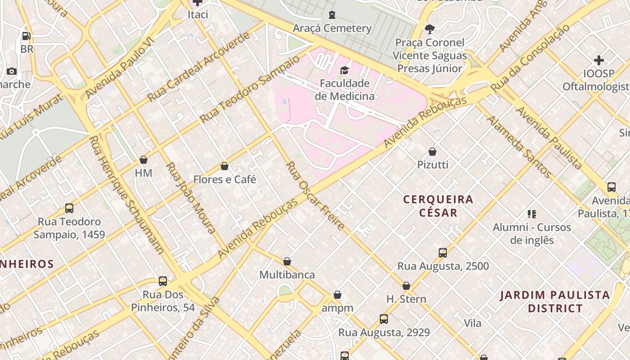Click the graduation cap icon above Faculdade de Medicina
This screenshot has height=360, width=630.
[x=344, y=70]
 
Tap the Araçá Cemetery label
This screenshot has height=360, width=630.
[x=332, y=28]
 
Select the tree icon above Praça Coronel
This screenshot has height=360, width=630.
[x=430, y=29]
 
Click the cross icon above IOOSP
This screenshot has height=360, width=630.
[x=598, y=60]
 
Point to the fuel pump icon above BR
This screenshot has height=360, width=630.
[x=27, y=36]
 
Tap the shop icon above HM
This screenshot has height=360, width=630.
[x=144, y=160]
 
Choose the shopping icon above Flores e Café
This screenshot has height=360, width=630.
[x=225, y=166]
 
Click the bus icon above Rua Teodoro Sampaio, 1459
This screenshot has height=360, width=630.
[x=69, y=208]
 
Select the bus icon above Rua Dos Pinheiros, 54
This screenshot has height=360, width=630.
[x=163, y=281]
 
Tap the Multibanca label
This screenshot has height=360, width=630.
[x=287, y=274]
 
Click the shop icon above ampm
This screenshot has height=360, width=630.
[x=337, y=295]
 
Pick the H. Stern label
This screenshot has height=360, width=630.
[x=406, y=299]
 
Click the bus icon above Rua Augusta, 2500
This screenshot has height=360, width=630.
[x=443, y=253]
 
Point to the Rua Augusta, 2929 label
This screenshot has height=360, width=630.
[x=384, y=333]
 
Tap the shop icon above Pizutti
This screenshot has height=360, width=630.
[x=432, y=152]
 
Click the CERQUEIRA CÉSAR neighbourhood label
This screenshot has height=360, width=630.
[x=438, y=206]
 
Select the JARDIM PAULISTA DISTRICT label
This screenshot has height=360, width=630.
[x=555, y=301]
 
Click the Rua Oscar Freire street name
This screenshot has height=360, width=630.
[x=315, y=195]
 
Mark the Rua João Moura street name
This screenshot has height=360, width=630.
[x=190, y=198]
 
